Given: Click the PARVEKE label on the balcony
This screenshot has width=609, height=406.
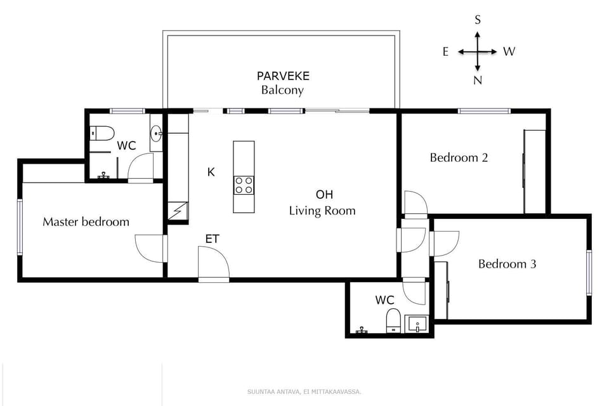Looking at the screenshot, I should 283,76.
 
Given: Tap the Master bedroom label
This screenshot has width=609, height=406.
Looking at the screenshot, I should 86,221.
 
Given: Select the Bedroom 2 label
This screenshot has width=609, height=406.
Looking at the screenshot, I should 459,157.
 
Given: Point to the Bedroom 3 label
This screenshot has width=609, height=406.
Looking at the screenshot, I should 507,264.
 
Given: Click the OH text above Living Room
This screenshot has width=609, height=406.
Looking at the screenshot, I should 324,195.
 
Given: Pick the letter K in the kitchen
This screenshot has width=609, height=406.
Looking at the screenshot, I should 211,172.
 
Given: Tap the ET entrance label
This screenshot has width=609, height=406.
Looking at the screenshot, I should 212,239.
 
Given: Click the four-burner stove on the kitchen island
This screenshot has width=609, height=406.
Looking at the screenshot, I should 244,185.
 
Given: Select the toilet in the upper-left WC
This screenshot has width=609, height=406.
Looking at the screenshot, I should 101,133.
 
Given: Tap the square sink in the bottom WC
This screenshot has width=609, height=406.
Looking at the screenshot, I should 417,325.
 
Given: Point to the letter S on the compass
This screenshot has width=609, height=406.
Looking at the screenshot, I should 478,20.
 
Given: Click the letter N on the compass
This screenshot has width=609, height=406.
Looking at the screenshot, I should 478,81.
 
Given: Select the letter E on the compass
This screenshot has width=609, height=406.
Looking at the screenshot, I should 445,52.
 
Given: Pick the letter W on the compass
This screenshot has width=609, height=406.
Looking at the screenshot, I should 509,52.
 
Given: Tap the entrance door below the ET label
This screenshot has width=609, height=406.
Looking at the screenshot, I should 213,263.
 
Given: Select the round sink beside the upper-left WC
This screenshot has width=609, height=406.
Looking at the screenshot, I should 156,133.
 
